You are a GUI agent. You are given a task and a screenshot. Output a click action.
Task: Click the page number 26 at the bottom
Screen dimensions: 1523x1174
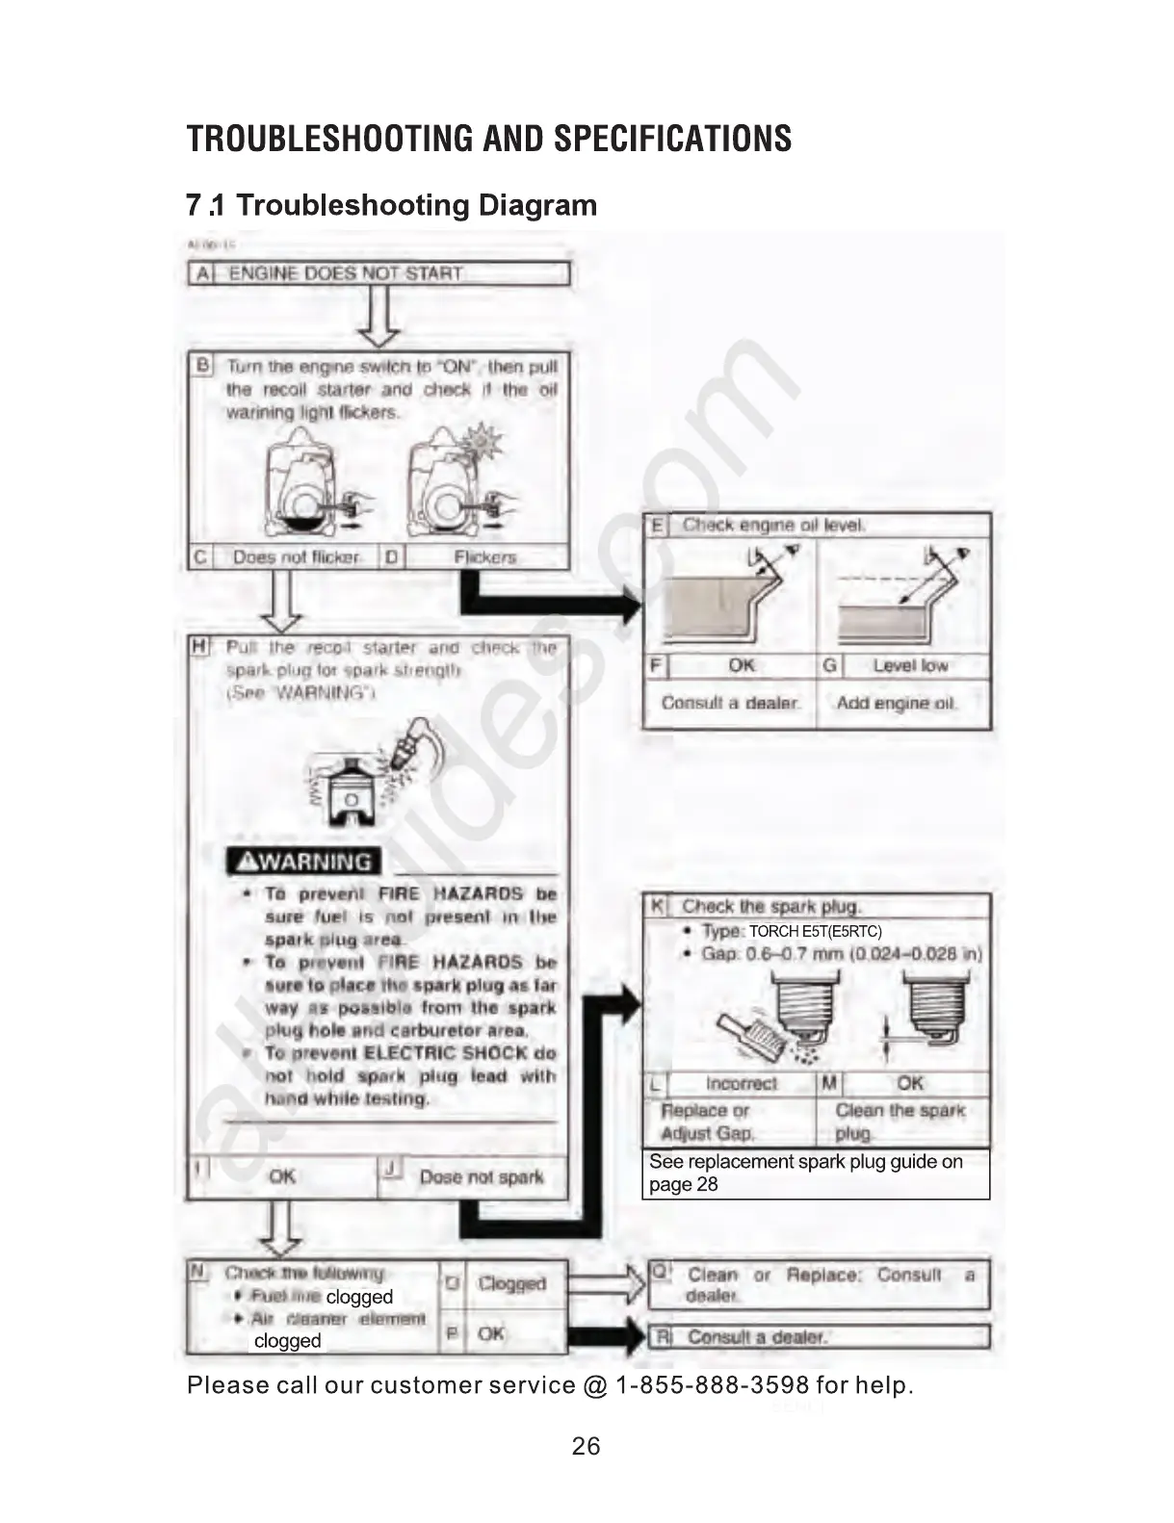pos(586,1446)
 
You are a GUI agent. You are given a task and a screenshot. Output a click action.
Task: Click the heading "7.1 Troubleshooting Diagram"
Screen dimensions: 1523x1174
pos(392,205)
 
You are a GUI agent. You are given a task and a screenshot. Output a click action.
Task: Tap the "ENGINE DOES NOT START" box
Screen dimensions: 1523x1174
pos(378,273)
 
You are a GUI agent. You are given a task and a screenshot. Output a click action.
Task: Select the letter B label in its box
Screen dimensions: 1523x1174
pos(202,365)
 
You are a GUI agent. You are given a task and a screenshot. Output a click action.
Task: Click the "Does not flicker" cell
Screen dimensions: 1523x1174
pos(296,557)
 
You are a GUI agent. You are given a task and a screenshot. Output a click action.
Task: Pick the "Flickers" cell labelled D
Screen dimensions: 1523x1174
pos(484,557)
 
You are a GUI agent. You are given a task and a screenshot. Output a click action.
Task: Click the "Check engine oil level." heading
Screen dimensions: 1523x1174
pos(773,525)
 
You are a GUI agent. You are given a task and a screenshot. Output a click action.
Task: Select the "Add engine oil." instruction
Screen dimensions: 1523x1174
pos(897,703)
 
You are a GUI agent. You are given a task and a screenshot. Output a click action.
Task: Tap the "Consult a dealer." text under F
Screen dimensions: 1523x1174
pos(730,703)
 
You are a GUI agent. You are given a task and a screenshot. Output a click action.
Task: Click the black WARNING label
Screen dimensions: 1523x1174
pos(304,862)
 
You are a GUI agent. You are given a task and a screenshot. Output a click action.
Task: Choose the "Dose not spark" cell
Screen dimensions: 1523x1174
pos(482,1176)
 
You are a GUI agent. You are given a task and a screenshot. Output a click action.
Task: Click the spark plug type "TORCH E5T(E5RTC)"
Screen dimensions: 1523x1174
pos(815,931)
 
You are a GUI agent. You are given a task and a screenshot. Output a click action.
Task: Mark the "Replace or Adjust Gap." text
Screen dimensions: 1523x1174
pos(709,1122)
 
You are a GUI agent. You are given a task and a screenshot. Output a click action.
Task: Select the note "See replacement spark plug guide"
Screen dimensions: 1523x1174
pos(805,1173)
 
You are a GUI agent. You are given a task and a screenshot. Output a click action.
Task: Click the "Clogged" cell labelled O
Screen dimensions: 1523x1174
pos(511,1283)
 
